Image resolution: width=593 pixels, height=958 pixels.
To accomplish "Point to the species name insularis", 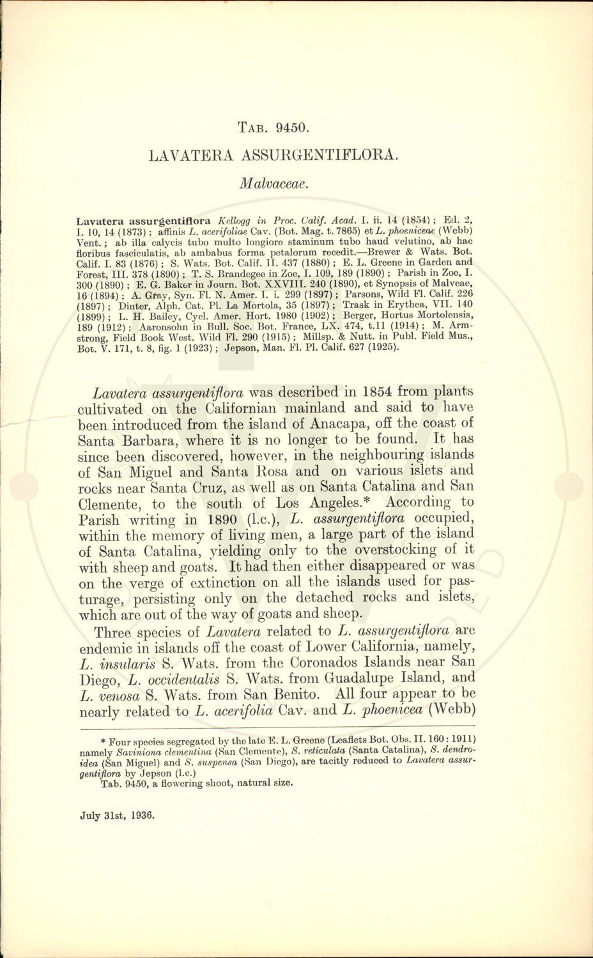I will coord(142,661).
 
